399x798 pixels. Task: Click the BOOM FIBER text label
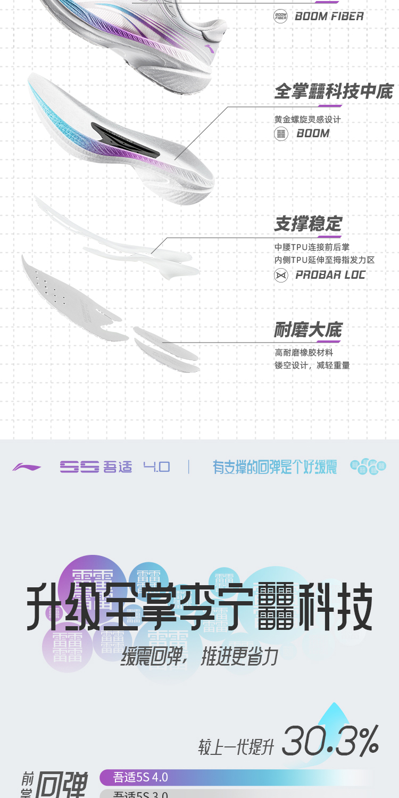point(329,16)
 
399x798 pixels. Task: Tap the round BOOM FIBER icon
point(280,16)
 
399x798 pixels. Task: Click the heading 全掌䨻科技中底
point(333,92)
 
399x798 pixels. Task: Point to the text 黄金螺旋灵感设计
point(307,120)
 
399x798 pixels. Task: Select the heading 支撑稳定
point(308,224)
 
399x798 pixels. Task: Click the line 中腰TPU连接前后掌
point(312,247)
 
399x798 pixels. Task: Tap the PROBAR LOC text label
point(330,275)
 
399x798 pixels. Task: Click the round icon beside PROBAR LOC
point(280,275)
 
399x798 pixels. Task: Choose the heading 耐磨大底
point(308,330)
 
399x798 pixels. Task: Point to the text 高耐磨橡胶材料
point(304,353)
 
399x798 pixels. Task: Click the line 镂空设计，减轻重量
point(312,365)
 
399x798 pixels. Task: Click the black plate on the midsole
point(125,139)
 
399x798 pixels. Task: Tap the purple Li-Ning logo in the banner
point(27,467)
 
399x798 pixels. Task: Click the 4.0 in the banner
point(156,467)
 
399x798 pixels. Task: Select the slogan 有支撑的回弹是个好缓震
point(275,467)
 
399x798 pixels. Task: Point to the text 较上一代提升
point(236,746)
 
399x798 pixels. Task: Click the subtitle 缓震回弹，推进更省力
point(199,657)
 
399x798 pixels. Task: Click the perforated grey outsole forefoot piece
point(69,298)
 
